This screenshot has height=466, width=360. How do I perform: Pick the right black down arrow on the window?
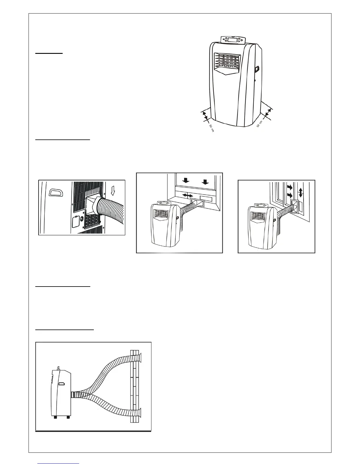(x=205, y=183)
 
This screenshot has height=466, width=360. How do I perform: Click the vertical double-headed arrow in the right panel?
(x=300, y=193)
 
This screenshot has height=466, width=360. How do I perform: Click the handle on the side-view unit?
(x=62, y=384)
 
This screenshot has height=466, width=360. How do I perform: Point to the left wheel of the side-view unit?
(x=55, y=417)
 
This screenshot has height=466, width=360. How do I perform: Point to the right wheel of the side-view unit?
(x=68, y=417)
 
